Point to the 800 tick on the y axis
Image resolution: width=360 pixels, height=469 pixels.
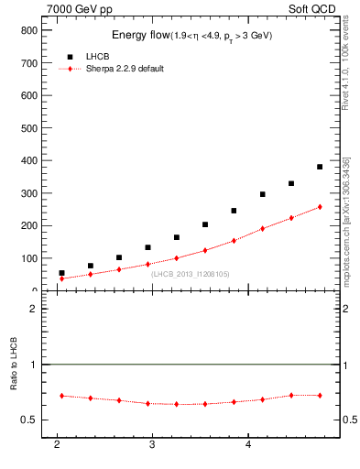click(x=27, y=30)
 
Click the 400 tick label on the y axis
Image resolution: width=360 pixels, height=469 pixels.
click(x=27, y=160)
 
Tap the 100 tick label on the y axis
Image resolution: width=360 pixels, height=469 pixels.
click(x=27, y=258)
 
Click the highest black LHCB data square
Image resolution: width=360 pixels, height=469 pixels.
click(x=320, y=167)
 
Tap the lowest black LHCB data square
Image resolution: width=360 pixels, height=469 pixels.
click(x=61, y=273)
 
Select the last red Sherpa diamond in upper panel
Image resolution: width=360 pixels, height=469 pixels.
click(x=320, y=207)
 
